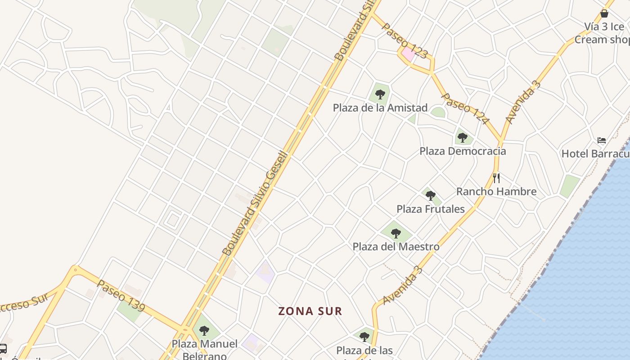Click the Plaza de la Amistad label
(380, 108)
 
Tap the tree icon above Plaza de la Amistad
(380, 94)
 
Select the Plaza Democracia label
(463, 151)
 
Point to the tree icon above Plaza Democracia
(462, 137)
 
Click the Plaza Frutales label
(430, 209)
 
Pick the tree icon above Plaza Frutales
(431, 195)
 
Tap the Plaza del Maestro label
(396, 247)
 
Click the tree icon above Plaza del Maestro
(396, 233)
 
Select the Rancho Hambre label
(496, 192)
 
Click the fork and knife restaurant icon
(496, 178)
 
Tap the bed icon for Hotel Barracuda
(602, 140)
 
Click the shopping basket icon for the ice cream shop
(604, 13)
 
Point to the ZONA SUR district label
(310, 311)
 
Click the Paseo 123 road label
(405, 41)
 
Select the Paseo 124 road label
(465, 109)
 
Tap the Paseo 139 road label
(121, 296)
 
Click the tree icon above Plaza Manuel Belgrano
(204, 331)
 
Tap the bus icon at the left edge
(3, 348)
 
